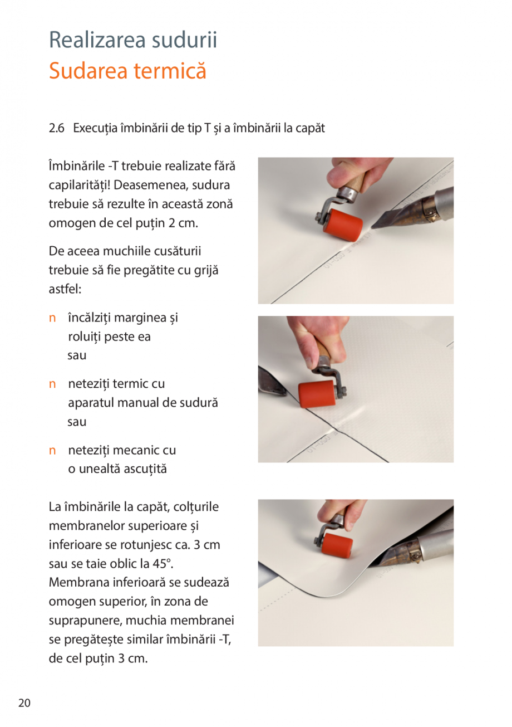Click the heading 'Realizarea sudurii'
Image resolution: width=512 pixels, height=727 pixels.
click(133, 40)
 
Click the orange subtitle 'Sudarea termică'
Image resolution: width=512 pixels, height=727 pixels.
click(127, 71)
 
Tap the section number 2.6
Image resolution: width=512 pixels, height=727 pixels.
click(57, 128)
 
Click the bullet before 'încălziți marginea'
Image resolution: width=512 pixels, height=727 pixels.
click(52, 319)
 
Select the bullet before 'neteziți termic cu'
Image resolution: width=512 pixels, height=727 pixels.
click(52, 384)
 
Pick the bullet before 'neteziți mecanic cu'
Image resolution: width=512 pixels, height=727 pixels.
click(52, 450)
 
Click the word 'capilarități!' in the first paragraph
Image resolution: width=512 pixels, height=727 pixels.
click(82, 185)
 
